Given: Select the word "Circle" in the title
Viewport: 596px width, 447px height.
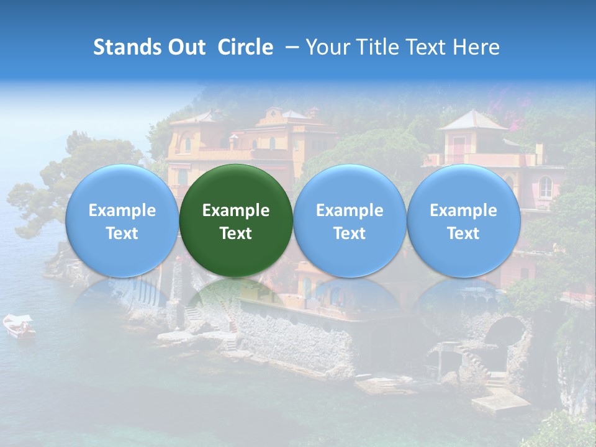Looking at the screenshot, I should [245, 47].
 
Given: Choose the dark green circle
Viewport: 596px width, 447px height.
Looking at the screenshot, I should [236, 220].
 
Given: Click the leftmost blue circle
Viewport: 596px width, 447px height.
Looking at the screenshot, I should [122, 220].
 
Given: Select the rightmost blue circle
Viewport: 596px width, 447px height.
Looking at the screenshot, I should [463, 220].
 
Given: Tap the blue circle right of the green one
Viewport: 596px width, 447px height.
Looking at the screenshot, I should [350, 220].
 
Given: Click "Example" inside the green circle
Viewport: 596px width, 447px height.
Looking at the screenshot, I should [236, 210].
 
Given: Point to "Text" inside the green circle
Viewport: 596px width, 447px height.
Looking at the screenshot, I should [236, 233].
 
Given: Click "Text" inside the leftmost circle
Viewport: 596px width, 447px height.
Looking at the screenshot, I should [122, 233].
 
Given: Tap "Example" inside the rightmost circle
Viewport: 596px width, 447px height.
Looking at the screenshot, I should [463, 210].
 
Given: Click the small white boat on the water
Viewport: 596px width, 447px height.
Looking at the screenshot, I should [19, 326].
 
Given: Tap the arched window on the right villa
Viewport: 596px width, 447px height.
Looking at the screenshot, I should [545, 186].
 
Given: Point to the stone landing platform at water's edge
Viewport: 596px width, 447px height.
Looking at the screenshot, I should [500, 402].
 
